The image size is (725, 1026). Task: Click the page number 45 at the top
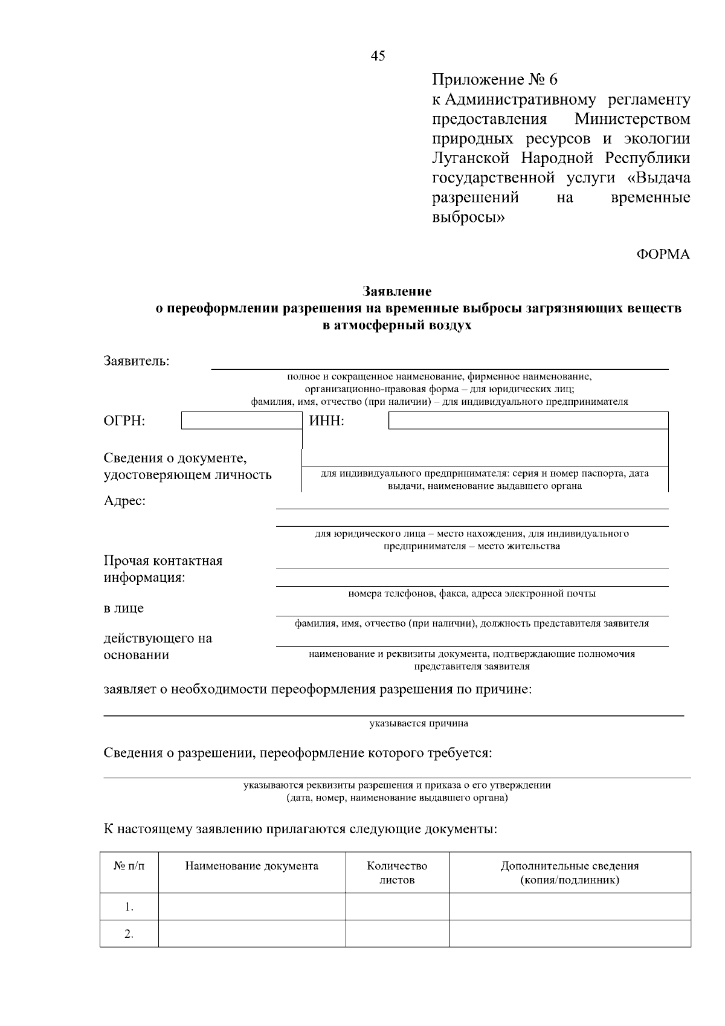[x=378, y=56]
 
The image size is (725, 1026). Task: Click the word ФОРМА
[x=663, y=254]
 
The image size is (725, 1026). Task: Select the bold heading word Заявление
[x=397, y=292]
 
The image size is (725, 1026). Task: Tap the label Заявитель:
[x=137, y=361]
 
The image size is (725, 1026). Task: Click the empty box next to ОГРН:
[x=241, y=421]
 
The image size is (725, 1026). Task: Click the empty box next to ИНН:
[x=528, y=421]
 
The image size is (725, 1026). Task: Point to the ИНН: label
[x=327, y=421]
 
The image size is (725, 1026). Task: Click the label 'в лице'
[x=124, y=608]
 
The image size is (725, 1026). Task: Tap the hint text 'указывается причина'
[x=419, y=723]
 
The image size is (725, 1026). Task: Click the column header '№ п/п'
[x=129, y=866]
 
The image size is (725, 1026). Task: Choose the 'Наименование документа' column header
[x=251, y=866]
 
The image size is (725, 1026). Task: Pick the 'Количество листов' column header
[x=397, y=873]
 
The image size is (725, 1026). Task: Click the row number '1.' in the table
[x=129, y=907]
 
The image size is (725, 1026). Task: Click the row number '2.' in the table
[x=129, y=934]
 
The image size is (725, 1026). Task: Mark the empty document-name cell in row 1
[x=251, y=907]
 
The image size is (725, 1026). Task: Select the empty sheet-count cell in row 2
[x=397, y=934]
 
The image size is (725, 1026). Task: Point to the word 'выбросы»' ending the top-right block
[x=468, y=217]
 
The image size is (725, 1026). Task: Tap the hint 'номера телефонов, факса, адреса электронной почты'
[x=472, y=594]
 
